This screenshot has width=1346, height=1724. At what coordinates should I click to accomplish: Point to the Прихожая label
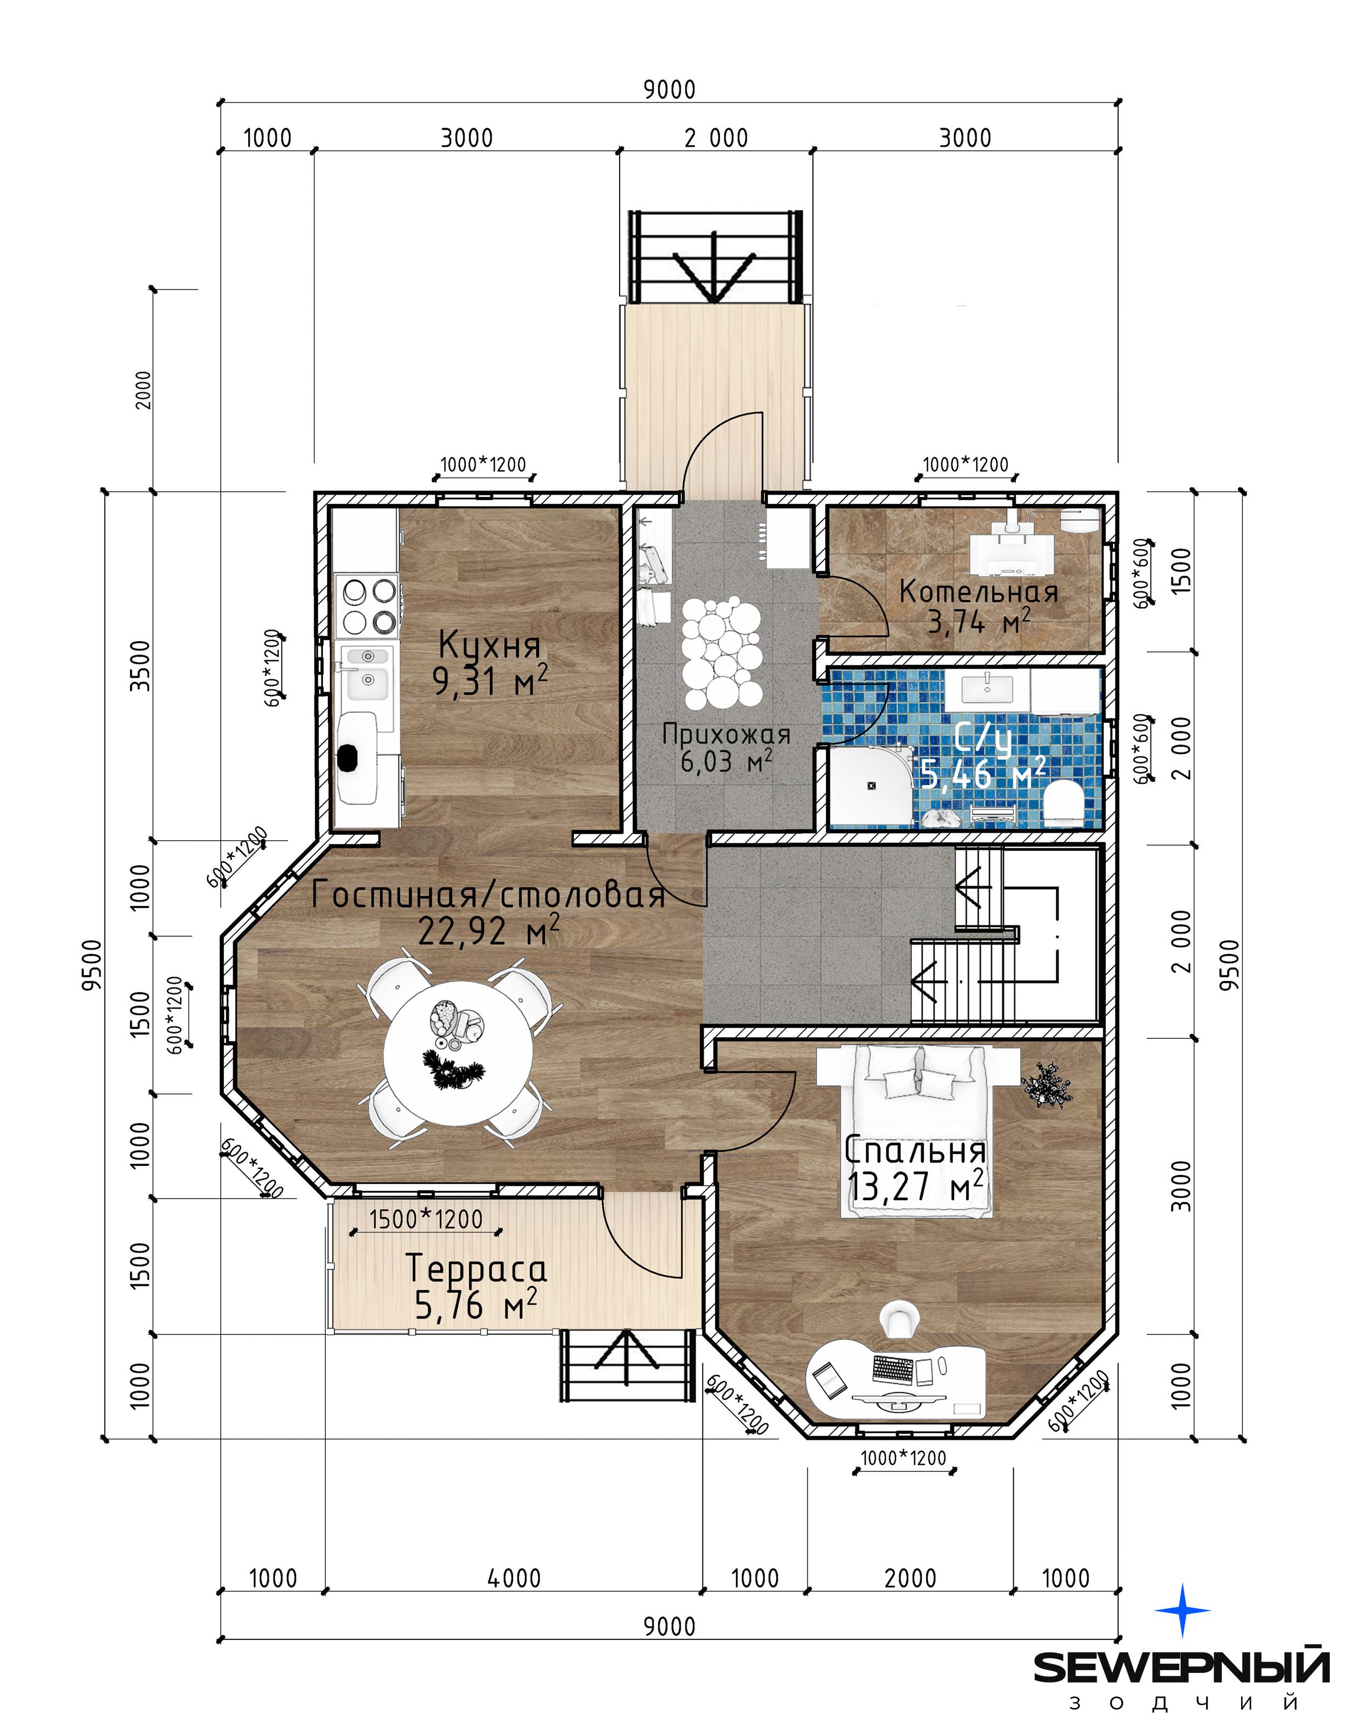[x=726, y=735]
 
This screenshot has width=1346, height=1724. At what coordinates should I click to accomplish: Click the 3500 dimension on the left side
[x=140, y=665]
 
